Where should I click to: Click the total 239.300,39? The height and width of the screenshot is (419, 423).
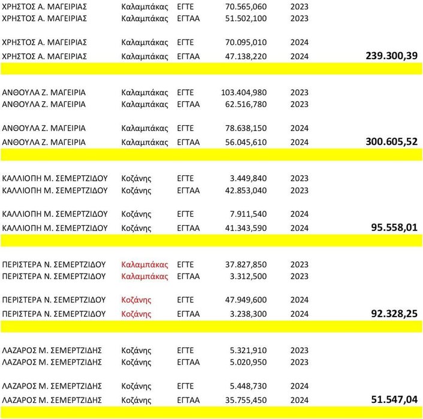click(391, 56)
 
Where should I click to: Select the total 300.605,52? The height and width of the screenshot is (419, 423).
click(391, 141)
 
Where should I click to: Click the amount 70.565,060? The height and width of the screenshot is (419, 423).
click(246, 7)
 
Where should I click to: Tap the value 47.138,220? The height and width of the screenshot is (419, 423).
click(246, 56)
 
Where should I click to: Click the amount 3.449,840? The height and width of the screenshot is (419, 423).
click(248, 178)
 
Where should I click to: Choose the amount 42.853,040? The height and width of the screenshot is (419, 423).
click(246, 190)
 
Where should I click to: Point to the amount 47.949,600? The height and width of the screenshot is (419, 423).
click(246, 300)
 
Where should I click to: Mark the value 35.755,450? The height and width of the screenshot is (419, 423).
click(246, 399)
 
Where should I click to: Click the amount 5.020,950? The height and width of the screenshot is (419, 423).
click(248, 362)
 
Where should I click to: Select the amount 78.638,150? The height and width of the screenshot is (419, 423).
click(246, 128)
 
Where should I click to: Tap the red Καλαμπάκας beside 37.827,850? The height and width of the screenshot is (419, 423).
click(144, 264)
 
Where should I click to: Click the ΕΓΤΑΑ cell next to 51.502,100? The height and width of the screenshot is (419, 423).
click(189, 19)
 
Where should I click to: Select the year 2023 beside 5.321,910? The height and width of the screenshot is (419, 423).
click(300, 350)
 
